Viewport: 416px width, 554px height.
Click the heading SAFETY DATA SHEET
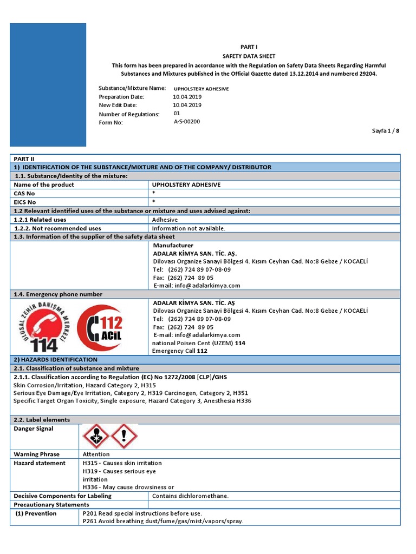pos(249,56)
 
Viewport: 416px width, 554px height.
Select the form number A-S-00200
pos(187,122)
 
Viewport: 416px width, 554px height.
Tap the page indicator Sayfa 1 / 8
pos(386,131)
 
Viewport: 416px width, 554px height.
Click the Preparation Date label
pos(121,97)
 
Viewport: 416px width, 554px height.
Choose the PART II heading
pos(25,159)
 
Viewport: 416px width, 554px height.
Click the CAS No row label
pos(25,193)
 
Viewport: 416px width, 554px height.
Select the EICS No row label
pos(25,202)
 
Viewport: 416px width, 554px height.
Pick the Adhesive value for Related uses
pos(165,220)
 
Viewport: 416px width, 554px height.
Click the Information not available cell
pos(188,228)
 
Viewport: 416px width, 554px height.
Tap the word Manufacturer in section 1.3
pos(173,246)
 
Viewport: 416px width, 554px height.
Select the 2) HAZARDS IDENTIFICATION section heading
pos(55,360)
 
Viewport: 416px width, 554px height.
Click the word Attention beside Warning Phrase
pos(96,454)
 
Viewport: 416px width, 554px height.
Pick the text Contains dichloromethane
pos(191,496)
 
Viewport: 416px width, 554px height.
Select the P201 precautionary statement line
pos(142,513)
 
